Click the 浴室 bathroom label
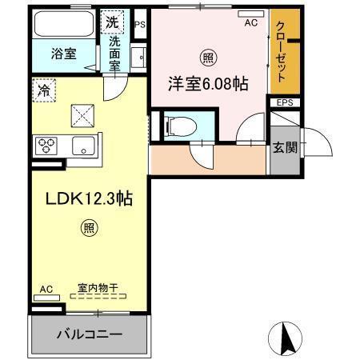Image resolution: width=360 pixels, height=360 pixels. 65,54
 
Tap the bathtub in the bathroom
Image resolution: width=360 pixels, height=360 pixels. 64,25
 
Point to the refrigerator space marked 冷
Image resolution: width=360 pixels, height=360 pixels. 44,90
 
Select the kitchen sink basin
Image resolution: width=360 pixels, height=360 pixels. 82,146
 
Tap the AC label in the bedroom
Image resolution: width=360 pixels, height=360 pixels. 251,25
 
